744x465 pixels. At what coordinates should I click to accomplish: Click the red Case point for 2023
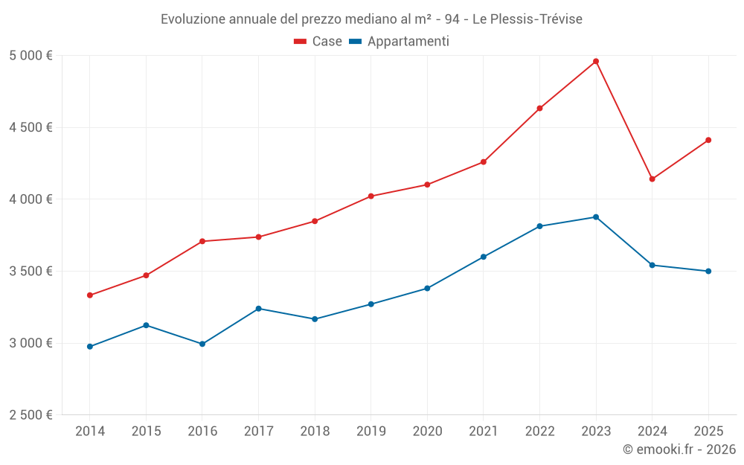point(596,61)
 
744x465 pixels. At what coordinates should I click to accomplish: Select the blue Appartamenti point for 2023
point(596,217)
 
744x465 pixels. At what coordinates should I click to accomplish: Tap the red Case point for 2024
point(652,179)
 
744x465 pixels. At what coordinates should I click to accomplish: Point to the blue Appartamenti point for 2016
point(202,344)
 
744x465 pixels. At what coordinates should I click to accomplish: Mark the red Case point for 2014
point(90,295)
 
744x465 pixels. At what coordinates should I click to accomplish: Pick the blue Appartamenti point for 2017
point(258,309)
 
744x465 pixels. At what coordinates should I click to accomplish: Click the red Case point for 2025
point(708,140)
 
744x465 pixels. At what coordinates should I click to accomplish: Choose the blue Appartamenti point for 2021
point(484,257)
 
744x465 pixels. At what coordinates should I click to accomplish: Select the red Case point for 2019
point(371,196)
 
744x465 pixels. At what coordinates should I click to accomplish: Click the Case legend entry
point(318,42)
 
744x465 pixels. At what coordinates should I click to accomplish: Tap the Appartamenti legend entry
point(400,42)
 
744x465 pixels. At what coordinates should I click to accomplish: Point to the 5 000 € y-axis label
point(31,56)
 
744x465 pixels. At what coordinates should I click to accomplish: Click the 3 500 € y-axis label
point(31,272)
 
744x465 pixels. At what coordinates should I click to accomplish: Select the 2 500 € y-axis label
point(31,415)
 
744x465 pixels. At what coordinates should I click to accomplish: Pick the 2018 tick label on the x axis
point(315,432)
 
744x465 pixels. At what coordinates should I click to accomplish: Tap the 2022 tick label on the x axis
point(539,432)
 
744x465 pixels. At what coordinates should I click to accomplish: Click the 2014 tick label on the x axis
point(90,432)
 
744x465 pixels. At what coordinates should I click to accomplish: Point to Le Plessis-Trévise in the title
point(527,19)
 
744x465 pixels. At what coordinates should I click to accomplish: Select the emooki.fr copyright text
point(679,449)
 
